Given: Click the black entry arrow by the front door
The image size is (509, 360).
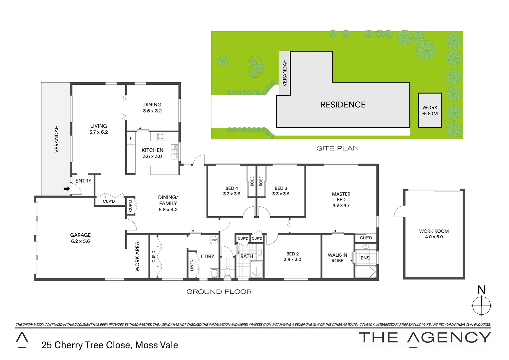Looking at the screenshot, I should [x=67, y=189].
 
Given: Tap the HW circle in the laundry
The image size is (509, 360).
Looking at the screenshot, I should [x=214, y=240].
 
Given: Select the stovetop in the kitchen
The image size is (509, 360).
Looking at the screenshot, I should [x=161, y=136].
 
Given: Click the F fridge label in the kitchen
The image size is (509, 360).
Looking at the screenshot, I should [x=131, y=138].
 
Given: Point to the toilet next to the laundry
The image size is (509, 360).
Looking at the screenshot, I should [x=228, y=272].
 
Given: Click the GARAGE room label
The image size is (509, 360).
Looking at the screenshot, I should [x=80, y=235].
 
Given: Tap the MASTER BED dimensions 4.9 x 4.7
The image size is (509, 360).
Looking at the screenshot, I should [x=341, y=205].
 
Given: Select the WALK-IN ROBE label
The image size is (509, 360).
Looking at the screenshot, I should [x=337, y=258].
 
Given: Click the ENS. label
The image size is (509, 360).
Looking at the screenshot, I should [x=365, y=258].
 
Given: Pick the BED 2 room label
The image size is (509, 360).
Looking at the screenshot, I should [x=292, y=254].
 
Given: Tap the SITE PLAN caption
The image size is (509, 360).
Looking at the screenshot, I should [x=337, y=149].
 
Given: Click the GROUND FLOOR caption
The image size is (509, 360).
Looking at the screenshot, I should [x=219, y=292].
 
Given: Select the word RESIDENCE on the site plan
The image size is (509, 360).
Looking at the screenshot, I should [x=343, y=105].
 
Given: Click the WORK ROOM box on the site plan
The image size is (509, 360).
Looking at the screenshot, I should [x=430, y=110].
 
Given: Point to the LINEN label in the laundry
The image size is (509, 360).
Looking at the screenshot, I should [x=192, y=265].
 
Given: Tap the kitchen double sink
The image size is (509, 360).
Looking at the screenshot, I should [x=174, y=152].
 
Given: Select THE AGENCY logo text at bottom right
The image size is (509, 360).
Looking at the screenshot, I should [x=425, y=338].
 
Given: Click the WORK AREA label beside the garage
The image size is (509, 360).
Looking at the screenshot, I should [x=137, y=256].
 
